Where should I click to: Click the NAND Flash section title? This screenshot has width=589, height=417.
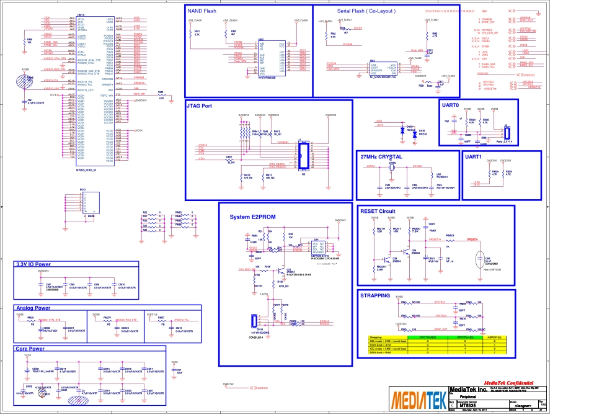(201, 11)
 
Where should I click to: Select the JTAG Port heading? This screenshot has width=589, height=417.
(200, 106)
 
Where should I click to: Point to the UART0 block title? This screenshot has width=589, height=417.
(451, 105)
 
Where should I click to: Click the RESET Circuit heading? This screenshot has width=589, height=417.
(378, 211)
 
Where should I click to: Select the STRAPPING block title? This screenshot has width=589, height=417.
(375, 295)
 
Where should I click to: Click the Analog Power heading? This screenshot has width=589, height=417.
(33, 308)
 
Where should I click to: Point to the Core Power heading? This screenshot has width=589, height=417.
(30, 349)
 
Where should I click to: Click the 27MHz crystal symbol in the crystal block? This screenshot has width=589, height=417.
(392, 168)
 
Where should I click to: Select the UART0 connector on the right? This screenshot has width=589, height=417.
(507, 132)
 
